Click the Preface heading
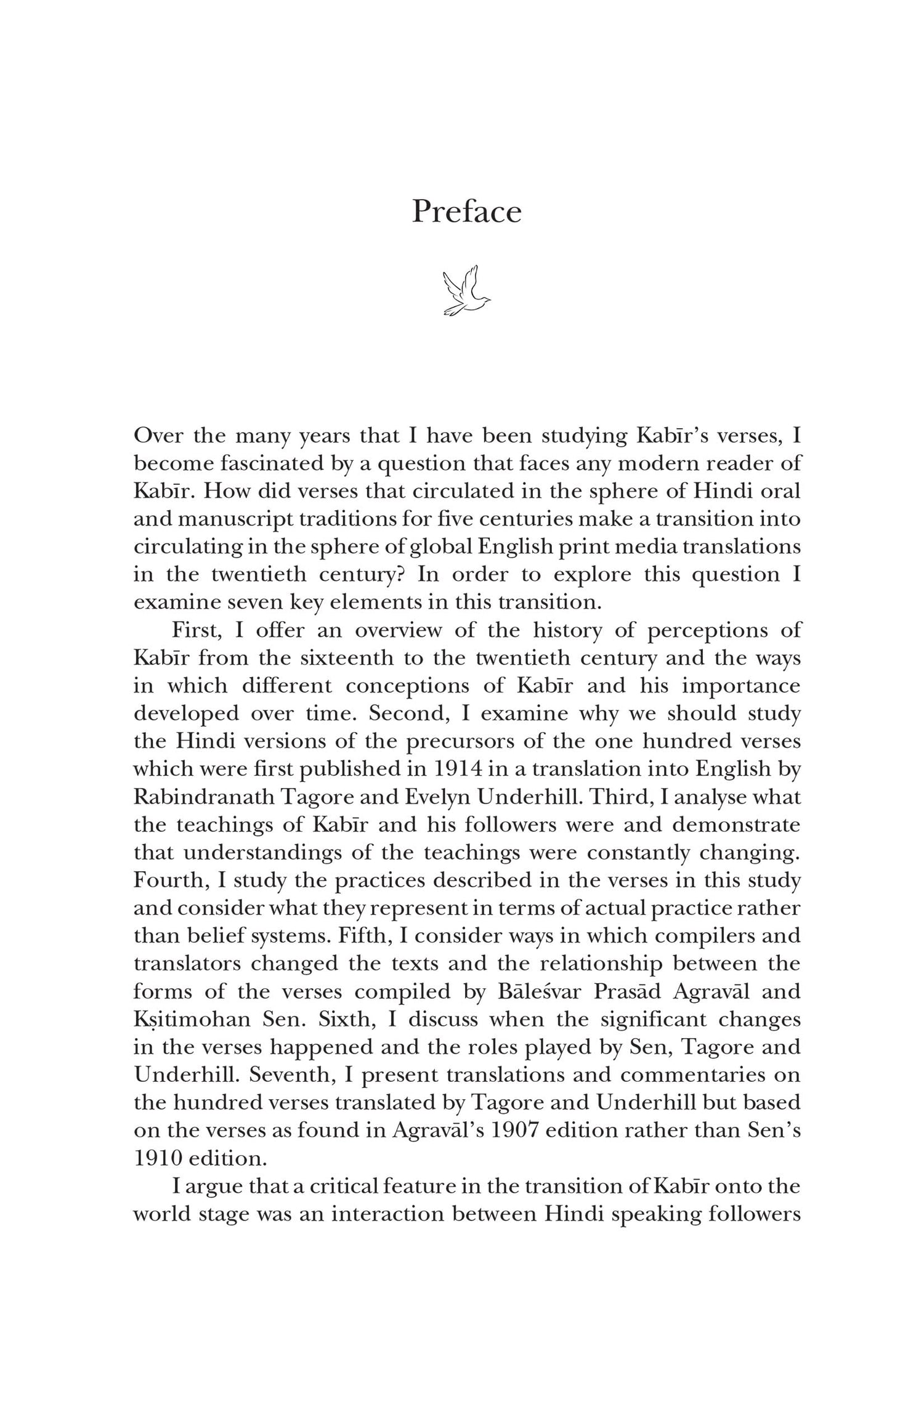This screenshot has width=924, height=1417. [x=466, y=212]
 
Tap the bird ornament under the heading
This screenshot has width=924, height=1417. [x=466, y=291]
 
